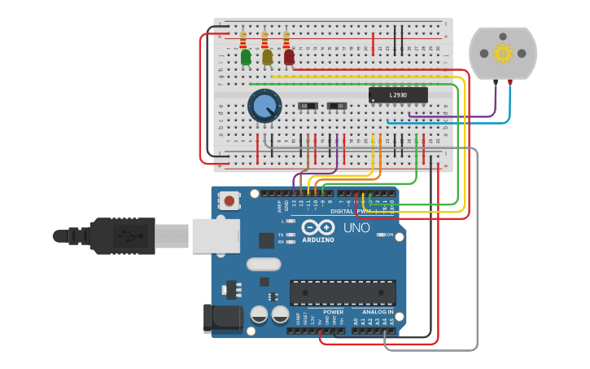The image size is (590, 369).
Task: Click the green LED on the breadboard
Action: [x=246, y=57]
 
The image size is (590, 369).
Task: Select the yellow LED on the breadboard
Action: [x=267, y=57]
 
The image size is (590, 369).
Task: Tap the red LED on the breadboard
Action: [x=289, y=57]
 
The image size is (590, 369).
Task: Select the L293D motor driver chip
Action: [x=398, y=95]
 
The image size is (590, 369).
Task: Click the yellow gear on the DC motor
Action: [x=503, y=54]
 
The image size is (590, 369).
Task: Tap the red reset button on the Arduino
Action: [x=230, y=200]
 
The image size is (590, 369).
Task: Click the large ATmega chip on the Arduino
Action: [x=343, y=292]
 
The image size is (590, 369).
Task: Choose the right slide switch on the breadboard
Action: [x=336, y=106]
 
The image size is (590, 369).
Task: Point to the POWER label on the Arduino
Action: [x=333, y=312]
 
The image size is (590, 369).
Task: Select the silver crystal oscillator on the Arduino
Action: [x=263, y=264]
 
